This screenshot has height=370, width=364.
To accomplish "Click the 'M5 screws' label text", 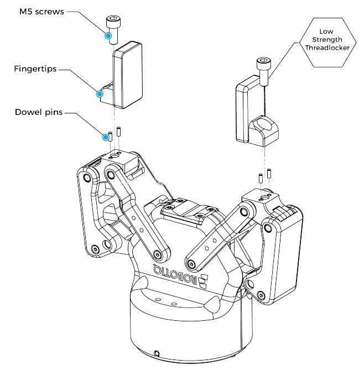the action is tap(41, 12).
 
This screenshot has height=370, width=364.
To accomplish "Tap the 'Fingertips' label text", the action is tap(35, 69).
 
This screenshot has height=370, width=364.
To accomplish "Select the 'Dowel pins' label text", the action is tap(39, 112).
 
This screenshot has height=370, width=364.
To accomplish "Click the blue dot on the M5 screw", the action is tap(108, 35).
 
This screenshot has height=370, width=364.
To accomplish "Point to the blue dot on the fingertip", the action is tap(100, 94).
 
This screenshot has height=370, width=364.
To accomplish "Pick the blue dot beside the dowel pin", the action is tap(106, 137).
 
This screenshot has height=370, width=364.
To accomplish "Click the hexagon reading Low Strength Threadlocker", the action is tap(327, 43).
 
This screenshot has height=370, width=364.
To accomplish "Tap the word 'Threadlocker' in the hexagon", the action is tap(327, 48).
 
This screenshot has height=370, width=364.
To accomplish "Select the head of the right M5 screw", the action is tap(264, 63).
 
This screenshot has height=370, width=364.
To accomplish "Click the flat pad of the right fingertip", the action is tap(242, 111).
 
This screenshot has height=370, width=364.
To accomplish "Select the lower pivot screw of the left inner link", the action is tap(158, 255).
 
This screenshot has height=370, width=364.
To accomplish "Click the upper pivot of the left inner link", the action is tap(110, 175).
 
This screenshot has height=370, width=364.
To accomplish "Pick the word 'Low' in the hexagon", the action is tap(326, 32).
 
